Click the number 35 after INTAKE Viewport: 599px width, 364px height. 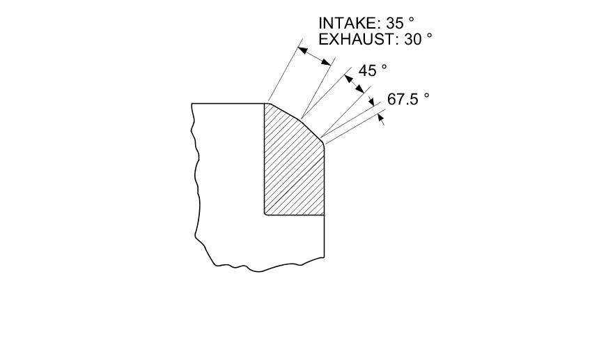395,23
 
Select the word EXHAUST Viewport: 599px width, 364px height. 355,39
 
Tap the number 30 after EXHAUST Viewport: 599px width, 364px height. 413,39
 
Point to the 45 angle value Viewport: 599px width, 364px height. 368,70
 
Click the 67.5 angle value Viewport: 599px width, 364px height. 403,100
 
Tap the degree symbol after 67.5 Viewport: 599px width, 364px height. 426,96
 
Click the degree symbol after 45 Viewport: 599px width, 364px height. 384,67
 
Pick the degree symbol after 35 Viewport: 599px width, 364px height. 411,20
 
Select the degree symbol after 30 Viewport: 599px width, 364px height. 429,36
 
